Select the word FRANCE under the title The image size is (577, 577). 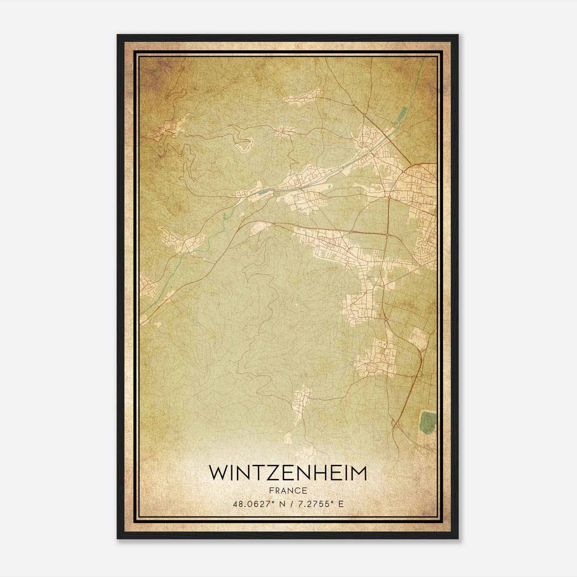pos(288,491)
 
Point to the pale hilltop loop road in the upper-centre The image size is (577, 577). pos(244,144)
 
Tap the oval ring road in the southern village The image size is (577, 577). pos(371,367)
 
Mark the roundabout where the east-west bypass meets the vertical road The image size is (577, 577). pos(387,235)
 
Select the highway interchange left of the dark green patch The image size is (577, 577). pos(395,424)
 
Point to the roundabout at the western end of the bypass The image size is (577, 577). pos(274,224)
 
